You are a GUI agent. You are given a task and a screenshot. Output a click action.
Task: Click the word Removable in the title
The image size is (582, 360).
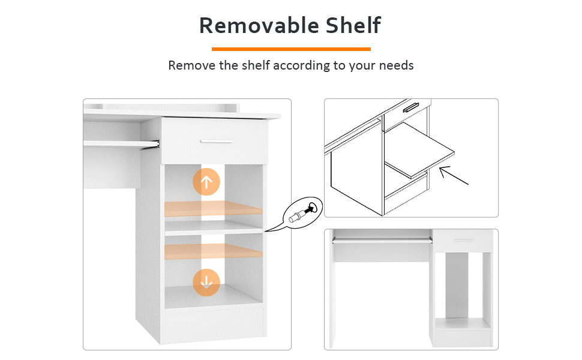pos(259,25)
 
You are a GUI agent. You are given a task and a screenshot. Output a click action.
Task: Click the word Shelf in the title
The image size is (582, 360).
pos(353,25)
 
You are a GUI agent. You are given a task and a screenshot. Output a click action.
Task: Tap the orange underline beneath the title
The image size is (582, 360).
pos(291,49)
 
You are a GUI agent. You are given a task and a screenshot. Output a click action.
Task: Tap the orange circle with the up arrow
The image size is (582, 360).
pos(206,182)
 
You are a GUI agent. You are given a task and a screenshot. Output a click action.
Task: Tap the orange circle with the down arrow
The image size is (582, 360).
pos(206,283)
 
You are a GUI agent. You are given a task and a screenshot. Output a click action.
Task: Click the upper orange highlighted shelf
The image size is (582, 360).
pos(214,208)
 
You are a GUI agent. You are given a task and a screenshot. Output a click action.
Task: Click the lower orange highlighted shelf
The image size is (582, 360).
pos(214,251)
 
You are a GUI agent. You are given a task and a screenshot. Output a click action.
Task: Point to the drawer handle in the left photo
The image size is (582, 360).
pos(217,142)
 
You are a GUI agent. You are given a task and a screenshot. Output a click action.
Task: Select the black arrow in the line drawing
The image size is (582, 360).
pos(454,176)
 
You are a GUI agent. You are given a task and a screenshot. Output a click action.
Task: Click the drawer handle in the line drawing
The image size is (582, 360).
pos(411,107)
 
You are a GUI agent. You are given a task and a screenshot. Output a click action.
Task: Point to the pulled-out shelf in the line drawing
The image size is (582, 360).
pos(420,151)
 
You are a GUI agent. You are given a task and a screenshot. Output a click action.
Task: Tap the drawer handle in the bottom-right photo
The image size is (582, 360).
pos(463,240)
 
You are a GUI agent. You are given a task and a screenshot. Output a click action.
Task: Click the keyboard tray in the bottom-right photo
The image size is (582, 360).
pos(382,241)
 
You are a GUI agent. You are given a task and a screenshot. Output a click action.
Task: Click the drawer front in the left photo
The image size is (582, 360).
pos(215,141)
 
